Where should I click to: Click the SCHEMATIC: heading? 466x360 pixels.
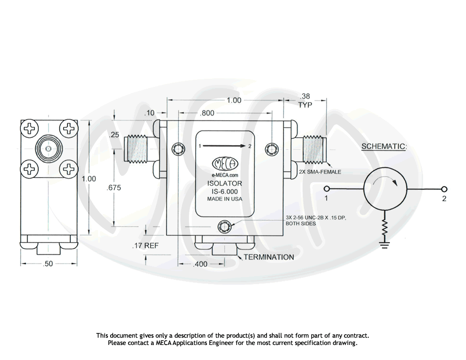tap(384, 147)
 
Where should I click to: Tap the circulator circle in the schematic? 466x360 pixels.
tap(385, 189)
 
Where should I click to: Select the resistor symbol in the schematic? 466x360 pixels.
tap(385, 230)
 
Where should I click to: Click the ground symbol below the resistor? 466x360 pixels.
tap(385, 245)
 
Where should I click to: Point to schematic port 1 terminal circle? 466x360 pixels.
tap(327, 189)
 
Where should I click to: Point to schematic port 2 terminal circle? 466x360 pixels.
tap(444, 189)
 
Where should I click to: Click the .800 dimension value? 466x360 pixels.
tap(208, 113)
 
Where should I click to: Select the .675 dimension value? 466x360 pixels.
tap(114, 188)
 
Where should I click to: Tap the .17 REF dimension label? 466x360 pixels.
tap(145, 246)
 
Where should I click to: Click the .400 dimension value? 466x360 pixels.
tap(200, 264)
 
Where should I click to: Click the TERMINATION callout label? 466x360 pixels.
tap(268, 257)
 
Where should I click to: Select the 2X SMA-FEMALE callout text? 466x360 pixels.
tap(320, 172)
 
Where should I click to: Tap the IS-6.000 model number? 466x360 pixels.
tap(224, 191)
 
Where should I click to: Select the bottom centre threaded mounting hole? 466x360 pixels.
tap(224, 226)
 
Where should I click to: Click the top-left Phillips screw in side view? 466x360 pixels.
tap(30, 129)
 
